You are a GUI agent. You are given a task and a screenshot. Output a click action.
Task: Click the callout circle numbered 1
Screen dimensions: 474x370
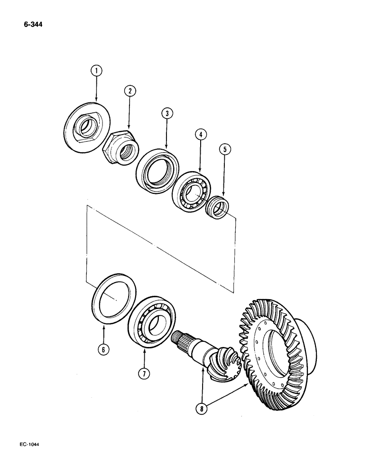tap(97, 72)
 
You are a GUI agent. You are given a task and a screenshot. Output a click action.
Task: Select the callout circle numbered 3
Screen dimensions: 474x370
tap(167, 113)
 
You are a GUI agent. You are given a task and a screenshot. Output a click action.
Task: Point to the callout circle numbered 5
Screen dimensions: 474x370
tap(225, 149)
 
